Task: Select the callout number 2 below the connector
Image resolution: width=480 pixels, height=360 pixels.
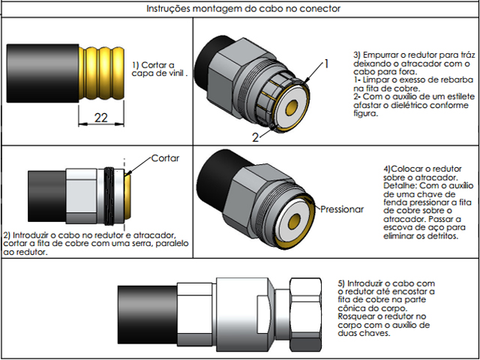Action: [x=256, y=136]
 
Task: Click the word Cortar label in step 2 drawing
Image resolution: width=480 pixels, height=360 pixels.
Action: [x=166, y=158]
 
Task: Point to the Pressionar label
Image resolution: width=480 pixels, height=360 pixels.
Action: [x=341, y=209]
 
